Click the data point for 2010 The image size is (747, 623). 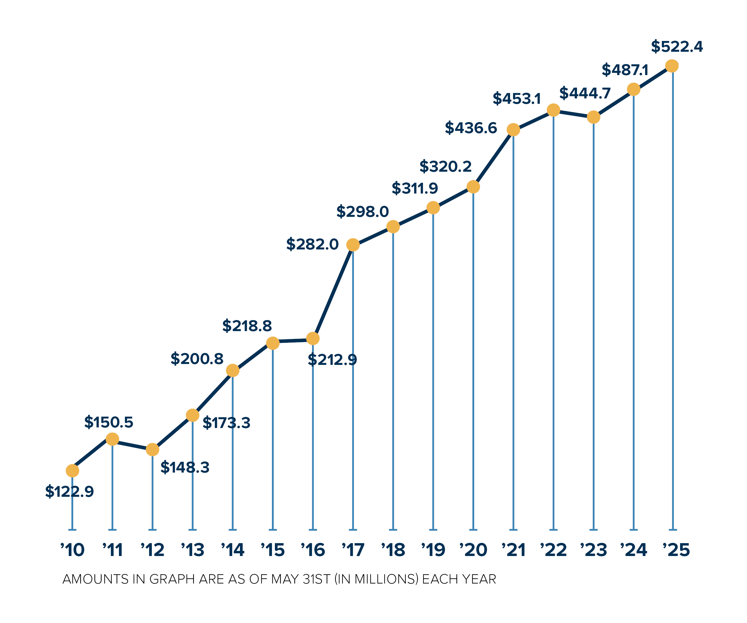click(x=72, y=471)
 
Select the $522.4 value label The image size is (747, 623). click(x=677, y=47)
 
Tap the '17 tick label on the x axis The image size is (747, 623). click(x=353, y=550)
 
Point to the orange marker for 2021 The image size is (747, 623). click(x=513, y=130)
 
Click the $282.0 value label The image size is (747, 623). click(x=312, y=244)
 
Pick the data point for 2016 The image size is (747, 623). click(x=313, y=339)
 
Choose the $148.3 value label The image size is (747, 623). click(x=185, y=467)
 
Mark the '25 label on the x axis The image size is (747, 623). click(x=676, y=550)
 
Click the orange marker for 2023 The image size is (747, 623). click(x=593, y=117)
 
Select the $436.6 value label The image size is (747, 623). click(x=471, y=128)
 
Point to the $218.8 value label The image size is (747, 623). click(x=247, y=326)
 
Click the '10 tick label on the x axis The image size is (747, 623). click(x=73, y=550)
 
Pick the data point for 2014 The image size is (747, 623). click(x=233, y=370)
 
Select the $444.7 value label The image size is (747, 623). click(x=585, y=93)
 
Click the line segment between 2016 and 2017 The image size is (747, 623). click(x=333, y=292)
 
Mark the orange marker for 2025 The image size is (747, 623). click(x=672, y=66)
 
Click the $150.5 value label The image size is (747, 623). click(x=108, y=422)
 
